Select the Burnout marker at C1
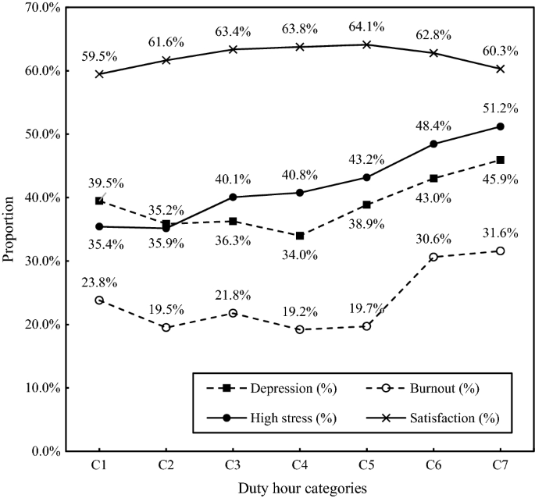point(98,300)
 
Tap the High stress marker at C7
point(500,126)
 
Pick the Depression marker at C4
point(299,235)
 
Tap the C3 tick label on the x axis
point(233,464)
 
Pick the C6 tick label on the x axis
point(433,464)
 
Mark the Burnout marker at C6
point(433,257)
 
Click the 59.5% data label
point(98,55)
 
